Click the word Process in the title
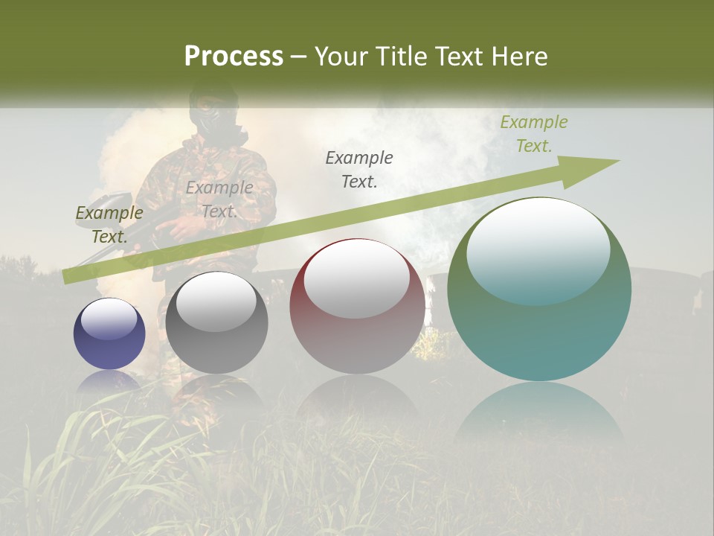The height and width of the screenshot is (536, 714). [x=234, y=57]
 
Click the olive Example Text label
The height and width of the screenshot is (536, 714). [x=109, y=225]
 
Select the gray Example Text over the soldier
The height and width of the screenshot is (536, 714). [x=219, y=200]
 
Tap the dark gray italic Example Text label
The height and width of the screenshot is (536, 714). [x=359, y=169]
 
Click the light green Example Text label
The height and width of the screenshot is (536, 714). [x=533, y=134]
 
